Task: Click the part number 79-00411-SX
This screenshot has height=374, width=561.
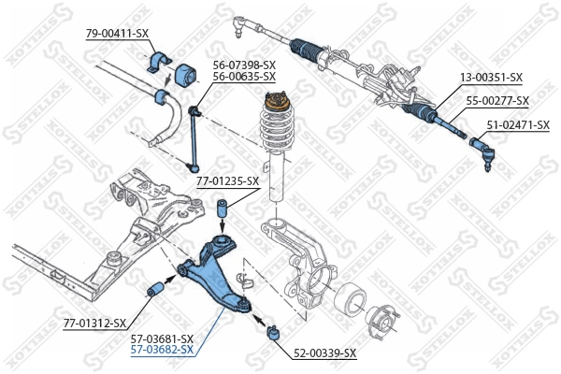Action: click(117, 33)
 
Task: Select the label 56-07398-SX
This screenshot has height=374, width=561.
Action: click(244, 64)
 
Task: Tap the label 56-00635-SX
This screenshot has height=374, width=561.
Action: click(244, 76)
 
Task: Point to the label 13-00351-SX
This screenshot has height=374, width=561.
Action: click(490, 78)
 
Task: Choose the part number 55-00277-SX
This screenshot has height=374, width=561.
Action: click(497, 100)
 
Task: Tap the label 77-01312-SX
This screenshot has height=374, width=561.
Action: click(94, 324)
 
